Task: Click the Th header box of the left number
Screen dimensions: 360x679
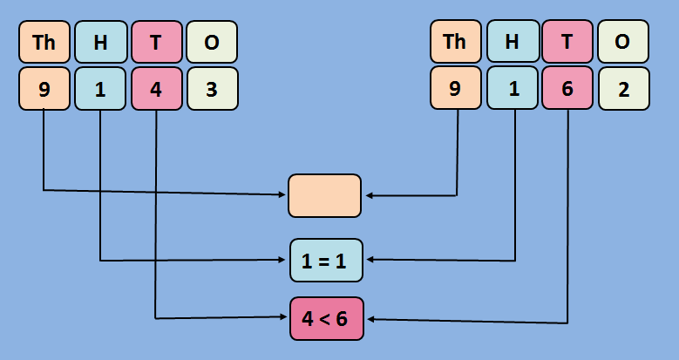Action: click(x=44, y=42)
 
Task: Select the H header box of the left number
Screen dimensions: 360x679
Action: click(x=100, y=42)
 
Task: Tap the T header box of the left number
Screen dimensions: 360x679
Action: click(x=156, y=42)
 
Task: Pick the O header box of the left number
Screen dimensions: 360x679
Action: click(x=212, y=42)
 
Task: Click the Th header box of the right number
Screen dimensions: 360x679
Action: click(x=455, y=42)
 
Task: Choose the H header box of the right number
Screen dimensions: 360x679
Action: click(x=512, y=42)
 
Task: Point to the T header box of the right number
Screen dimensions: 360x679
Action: click(x=567, y=42)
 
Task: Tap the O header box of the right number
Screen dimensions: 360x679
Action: click(x=623, y=42)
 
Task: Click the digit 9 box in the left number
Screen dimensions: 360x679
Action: click(x=44, y=88)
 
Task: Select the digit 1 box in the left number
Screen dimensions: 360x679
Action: click(x=100, y=88)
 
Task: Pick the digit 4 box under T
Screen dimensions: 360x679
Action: click(x=156, y=88)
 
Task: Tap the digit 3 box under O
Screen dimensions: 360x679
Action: click(x=212, y=88)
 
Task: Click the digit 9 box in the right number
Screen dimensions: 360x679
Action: click(x=455, y=88)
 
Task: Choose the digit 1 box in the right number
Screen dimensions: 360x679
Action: click(x=512, y=88)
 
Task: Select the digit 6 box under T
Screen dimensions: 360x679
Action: click(x=567, y=88)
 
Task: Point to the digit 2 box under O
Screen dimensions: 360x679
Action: click(x=623, y=88)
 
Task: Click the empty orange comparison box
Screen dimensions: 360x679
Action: click(x=324, y=195)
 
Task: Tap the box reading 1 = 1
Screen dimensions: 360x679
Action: click(x=325, y=260)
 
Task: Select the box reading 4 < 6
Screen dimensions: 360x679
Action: click(x=325, y=318)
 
